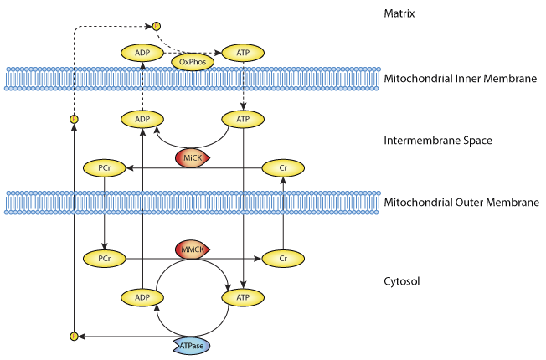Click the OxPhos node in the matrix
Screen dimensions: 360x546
(x=191, y=61)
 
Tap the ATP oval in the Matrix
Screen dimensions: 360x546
(x=242, y=52)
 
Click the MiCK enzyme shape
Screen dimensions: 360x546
(x=191, y=157)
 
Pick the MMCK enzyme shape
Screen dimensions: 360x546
(x=191, y=249)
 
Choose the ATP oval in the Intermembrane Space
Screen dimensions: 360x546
(x=242, y=119)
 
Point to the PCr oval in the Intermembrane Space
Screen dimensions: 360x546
(x=105, y=169)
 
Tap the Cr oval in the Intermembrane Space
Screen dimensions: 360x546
(x=282, y=169)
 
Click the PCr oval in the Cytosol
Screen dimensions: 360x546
(x=105, y=259)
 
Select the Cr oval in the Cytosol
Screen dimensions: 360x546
(x=282, y=259)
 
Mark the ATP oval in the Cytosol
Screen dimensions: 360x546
(x=242, y=296)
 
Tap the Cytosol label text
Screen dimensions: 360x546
(x=406, y=281)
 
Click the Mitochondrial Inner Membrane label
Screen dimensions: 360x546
(x=459, y=80)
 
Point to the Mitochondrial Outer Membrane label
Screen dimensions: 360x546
(x=461, y=203)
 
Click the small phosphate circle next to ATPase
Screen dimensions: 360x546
(x=74, y=336)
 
